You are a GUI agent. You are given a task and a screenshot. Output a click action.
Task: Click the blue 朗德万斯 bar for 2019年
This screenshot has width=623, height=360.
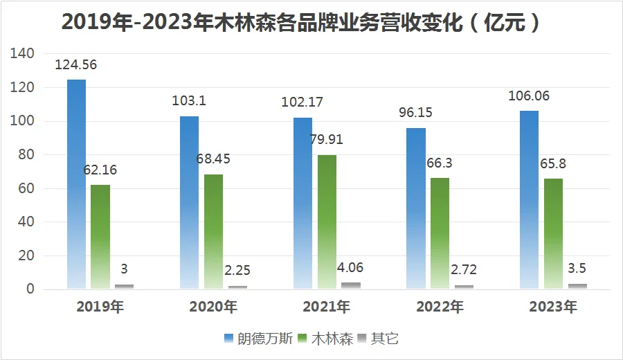(x=77, y=184)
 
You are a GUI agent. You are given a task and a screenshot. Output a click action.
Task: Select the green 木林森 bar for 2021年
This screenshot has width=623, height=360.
(x=327, y=222)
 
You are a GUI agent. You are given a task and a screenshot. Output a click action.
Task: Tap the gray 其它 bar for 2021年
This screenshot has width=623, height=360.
(x=351, y=285)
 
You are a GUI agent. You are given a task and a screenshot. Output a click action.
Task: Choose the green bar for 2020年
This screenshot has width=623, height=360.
(x=213, y=231)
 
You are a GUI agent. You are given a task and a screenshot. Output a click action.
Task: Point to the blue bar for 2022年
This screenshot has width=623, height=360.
(x=416, y=208)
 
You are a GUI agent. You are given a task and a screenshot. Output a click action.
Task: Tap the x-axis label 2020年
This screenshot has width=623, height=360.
(x=213, y=307)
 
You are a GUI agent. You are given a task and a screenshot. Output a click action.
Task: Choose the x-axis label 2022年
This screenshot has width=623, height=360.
(x=440, y=307)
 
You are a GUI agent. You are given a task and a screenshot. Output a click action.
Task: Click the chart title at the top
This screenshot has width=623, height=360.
(x=300, y=22)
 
